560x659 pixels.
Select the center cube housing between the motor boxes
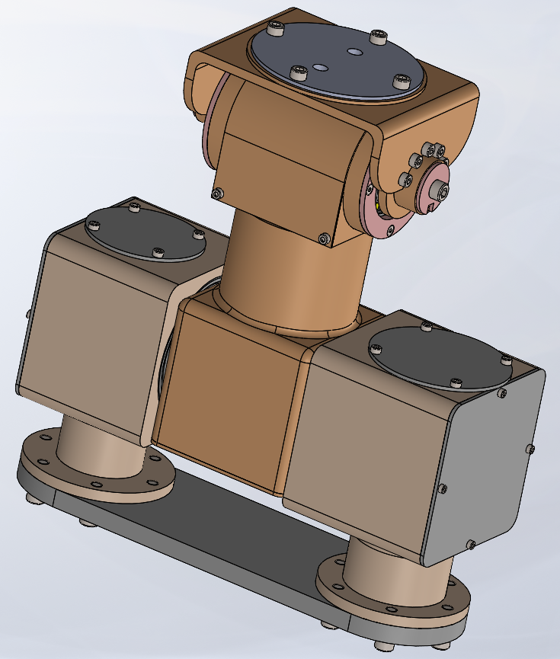coord(232,396)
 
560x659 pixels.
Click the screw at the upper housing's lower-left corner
coord(219,194)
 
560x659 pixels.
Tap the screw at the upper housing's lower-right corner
coord(326,239)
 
